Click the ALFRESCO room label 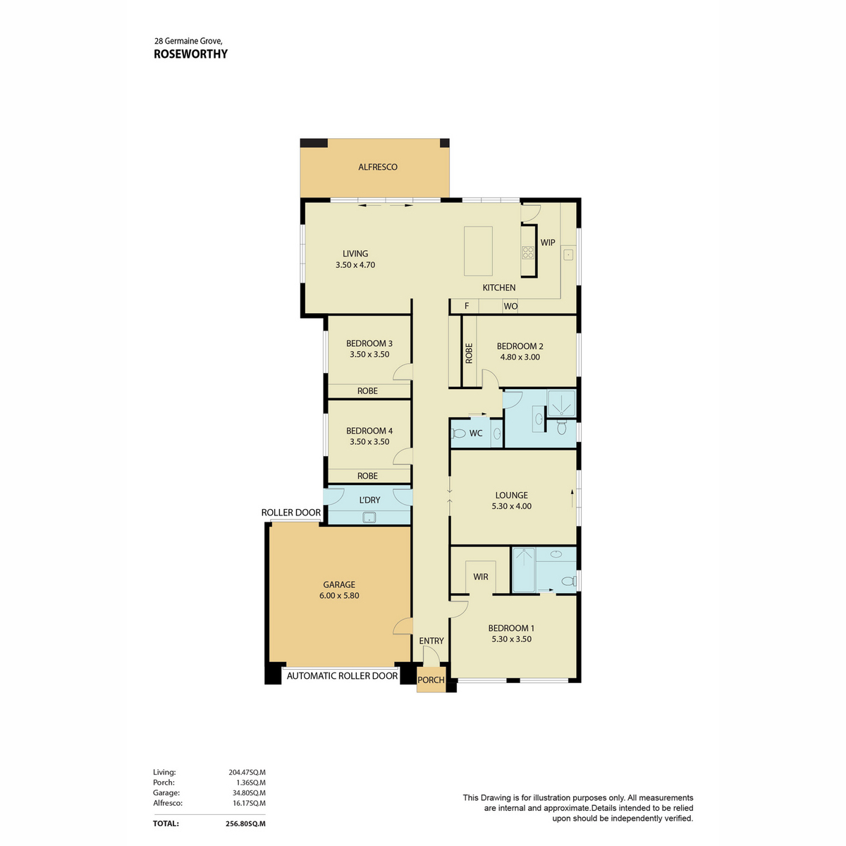pos(378,167)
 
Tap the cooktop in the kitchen pos(528,252)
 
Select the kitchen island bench pos(478,251)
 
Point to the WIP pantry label pos(548,243)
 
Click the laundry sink pos(369,517)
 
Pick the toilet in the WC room pos(458,434)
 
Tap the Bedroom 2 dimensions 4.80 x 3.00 pos(520,357)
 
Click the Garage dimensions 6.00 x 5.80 pos(339,595)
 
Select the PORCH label pos(431,680)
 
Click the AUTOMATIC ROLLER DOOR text pos(342,675)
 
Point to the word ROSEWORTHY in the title pos(190,54)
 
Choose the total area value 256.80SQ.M pos(245,823)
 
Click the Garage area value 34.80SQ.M pos(248,793)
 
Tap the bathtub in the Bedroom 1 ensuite pos(524,570)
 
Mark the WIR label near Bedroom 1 pos(481,577)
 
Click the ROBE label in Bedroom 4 pos(367,476)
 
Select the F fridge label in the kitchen pos(467,305)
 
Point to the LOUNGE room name pos(511,495)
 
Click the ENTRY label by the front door pos(431,641)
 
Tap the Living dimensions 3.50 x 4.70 pos(355,265)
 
